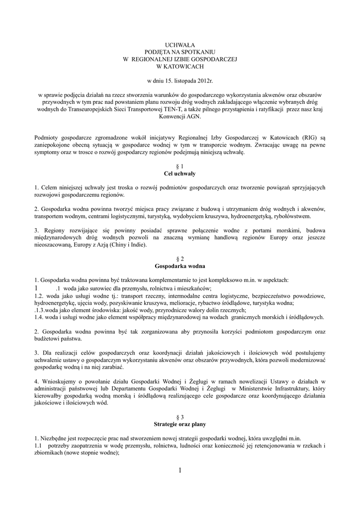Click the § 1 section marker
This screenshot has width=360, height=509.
(x=180, y=166)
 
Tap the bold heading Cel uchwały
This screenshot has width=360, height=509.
(x=180, y=173)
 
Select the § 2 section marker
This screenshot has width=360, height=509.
(x=180, y=259)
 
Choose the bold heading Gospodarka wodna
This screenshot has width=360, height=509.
(x=180, y=266)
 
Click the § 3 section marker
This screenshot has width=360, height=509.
(x=180, y=417)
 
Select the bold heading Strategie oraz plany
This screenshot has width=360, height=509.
(x=180, y=424)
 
